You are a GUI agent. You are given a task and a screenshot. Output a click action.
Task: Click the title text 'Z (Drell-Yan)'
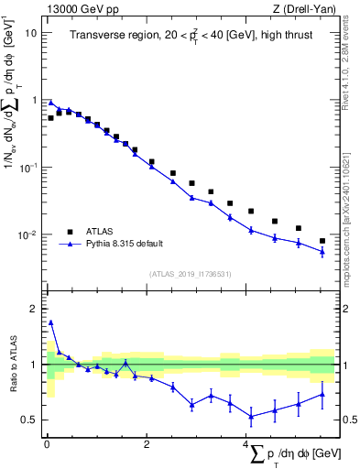pyautogui.click(x=306, y=8)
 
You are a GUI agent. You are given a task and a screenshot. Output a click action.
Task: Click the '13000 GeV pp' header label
pyautogui.click(x=78, y=8)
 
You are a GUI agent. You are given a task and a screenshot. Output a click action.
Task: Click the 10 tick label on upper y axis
pyautogui.click(x=31, y=33)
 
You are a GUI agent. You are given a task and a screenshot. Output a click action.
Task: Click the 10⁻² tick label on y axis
pyautogui.click(x=28, y=235)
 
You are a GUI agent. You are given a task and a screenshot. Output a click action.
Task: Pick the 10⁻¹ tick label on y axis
pyautogui.click(x=28, y=168)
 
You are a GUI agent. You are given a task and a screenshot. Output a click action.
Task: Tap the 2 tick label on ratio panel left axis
pyautogui.click(x=34, y=309)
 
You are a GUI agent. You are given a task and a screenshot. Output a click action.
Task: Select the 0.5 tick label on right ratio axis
pyautogui.click(x=348, y=420)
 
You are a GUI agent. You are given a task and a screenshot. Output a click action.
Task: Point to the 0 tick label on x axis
pyautogui.click(x=47, y=445)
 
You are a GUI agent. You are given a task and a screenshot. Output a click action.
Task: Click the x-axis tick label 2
pyautogui.click(x=146, y=445)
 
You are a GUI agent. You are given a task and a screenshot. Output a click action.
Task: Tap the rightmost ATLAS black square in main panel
pyautogui.click(x=322, y=241)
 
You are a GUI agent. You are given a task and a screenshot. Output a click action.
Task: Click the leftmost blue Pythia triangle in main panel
pyautogui.click(x=51, y=103)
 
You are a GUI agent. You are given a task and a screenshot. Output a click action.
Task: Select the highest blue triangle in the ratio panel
pyautogui.click(x=51, y=322)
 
